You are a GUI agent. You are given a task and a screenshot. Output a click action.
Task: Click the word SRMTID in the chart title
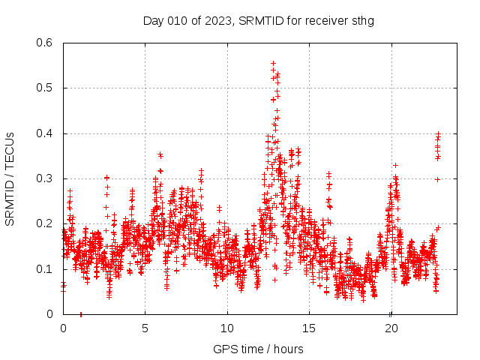(x=256, y=20)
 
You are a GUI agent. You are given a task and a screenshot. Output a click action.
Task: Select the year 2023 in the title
(x=217, y=20)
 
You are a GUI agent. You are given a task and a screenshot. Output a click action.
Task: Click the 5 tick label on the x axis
(x=145, y=328)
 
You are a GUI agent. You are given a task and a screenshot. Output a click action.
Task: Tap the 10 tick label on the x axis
(x=227, y=328)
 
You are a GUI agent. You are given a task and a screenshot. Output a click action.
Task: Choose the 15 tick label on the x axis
(x=309, y=328)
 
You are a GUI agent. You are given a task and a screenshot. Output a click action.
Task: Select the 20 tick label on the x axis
(x=391, y=328)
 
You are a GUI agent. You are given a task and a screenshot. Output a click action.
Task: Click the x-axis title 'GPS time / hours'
(x=258, y=349)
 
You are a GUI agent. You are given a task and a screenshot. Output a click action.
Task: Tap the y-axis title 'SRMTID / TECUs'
(x=10, y=178)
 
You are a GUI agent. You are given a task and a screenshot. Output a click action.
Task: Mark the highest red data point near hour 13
(x=273, y=64)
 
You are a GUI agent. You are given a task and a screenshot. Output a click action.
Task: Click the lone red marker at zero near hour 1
(x=81, y=313)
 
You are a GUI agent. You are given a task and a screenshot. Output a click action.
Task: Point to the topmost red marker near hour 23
(x=438, y=133)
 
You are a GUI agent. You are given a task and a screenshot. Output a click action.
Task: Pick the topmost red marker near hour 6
(x=160, y=154)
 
